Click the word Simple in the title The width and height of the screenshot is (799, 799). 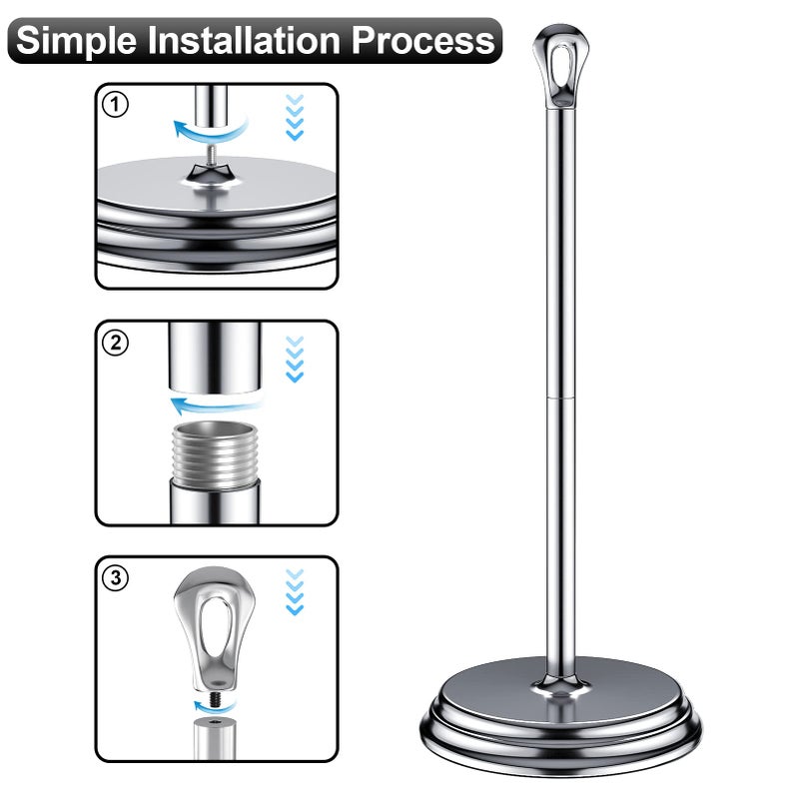click(x=77, y=40)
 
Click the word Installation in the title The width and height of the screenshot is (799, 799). click(x=244, y=40)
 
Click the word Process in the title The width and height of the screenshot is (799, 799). click(x=422, y=40)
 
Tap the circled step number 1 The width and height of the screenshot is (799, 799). click(x=115, y=105)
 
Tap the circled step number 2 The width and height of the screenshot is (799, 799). click(x=115, y=343)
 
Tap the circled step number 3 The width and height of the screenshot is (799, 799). click(x=115, y=578)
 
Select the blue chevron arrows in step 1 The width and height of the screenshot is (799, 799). click(x=295, y=117)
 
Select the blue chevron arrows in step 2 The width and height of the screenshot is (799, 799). click(x=295, y=359)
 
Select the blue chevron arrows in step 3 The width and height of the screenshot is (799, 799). click(x=295, y=592)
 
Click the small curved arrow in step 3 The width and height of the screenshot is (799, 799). click(x=214, y=707)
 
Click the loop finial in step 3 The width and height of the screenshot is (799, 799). click(x=214, y=628)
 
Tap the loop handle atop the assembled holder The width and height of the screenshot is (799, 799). click(x=561, y=66)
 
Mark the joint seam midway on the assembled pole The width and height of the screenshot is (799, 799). click(x=560, y=397)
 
